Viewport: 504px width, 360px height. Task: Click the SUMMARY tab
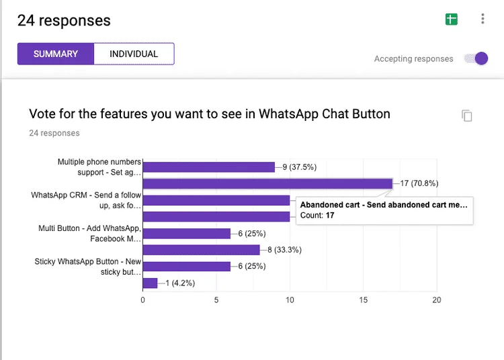coord(56,54)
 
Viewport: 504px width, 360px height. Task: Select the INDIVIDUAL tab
coord(134,54)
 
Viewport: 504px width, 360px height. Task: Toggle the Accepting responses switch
coord(479,58)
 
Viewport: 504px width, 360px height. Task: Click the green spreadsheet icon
coord(452,19)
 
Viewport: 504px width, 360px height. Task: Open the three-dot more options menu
coord(482,19)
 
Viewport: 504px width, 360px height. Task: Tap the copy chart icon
coord(467,116)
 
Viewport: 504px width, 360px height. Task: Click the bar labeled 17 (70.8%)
coord(267,183)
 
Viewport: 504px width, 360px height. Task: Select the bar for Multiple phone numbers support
coord(209,167)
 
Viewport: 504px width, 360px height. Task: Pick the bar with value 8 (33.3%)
coord(202,250)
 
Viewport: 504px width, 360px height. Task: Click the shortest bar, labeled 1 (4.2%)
coord(150,283)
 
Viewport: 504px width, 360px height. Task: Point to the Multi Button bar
coord(187,234)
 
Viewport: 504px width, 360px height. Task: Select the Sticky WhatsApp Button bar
coord(187,267)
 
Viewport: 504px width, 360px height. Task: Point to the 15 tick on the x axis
coord(363,300)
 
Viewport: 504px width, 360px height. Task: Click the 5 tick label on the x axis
coord(216,300)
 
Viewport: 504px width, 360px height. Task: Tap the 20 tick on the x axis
coord(436,300)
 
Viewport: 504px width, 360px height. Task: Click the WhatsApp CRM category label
coord(86,199)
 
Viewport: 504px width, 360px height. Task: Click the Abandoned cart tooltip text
coord(383,205)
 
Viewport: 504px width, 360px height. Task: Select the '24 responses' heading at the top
coord(64,20)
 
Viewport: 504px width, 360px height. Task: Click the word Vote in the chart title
coord(42,114)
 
